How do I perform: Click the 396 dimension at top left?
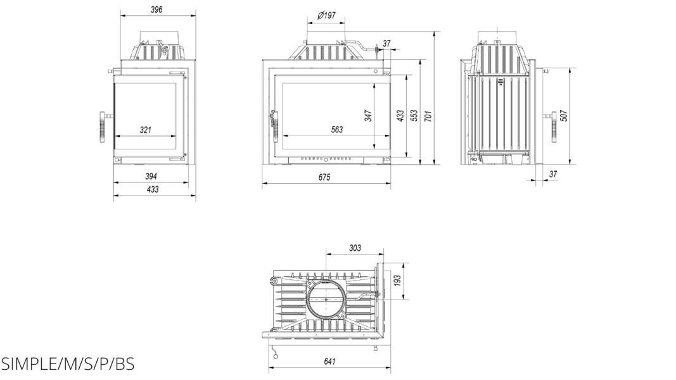(x=156, y=9)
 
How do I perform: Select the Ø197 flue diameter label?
(x=326, y=15)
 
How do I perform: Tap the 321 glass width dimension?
(x=146, y=130)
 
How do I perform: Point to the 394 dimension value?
(x=151, y=176)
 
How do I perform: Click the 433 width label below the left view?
(x=153, y=189)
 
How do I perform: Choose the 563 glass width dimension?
(x=336, y=130)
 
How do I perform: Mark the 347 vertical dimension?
(x=368, y=116)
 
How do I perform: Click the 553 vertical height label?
(x=414, y=116)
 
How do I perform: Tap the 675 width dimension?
(x=324, y=177)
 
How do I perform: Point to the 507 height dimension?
(x=564, y=116)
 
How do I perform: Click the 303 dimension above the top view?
(x=355, y=248)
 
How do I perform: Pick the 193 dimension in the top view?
(x=397, y=281)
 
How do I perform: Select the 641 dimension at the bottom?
(x=329, y=362)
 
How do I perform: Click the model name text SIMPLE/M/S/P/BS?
(x=68, y=365)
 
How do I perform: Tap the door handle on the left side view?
(x=104, y=127)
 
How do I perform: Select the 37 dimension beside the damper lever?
(x=386, y=44)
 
